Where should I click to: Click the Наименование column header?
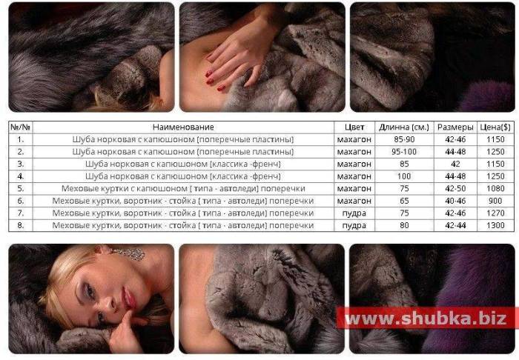tap(183, 127)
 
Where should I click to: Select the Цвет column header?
tap(354, 127)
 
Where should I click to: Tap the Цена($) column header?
tap(495, 127)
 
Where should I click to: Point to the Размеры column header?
tap(455, 127)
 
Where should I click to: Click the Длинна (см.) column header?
tap(404, 127)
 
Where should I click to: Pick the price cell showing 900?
tap(495, 201)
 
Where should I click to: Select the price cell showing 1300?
tap(495, 225)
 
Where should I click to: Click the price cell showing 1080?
tap(495, 189)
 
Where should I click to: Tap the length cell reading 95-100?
tap(404, 152)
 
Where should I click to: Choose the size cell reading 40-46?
tap(455, 201)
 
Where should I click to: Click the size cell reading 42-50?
tap(455, 189)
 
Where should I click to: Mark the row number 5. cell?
tap(21, 189)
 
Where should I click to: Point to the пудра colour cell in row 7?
tap(354, 213)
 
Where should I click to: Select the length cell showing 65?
tap(404, 201)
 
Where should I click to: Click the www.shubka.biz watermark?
tap(426, 319)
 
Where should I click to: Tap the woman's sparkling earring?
tap(130, 253)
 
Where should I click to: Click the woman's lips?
tap(128, 298)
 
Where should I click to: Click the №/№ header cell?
tap(21, 127)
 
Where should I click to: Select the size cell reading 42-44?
tap(455, 225)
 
